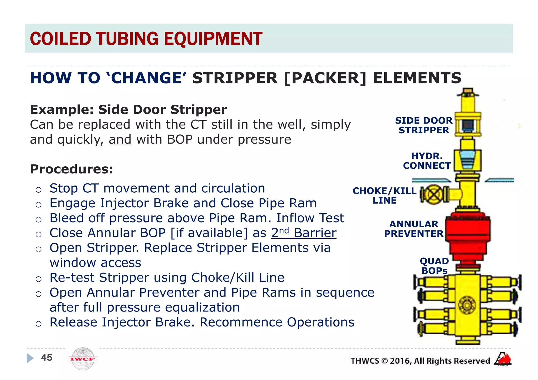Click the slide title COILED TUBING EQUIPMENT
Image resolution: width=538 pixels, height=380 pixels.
[146, 39]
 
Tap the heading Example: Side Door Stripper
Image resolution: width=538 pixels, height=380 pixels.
[128, 109]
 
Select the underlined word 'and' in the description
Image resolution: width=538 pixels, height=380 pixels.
[120, 139]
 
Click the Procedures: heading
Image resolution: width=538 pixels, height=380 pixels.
[71, 169]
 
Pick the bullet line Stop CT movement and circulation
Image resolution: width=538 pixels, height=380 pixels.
[157, 188]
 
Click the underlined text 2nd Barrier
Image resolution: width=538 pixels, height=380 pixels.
[304, 233]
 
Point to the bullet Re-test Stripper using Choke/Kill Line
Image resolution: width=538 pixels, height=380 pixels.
[167, 277]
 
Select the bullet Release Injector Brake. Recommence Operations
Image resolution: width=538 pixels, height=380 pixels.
[202, 322]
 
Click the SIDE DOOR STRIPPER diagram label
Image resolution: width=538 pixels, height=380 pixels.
[423, 125]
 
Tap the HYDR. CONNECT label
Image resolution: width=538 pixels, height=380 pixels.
[427, 161]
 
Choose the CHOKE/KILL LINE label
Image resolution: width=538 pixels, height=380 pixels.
[384, 195]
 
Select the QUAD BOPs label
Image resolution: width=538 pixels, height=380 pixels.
[434, 266]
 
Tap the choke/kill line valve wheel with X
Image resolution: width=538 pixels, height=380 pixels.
[434, 194]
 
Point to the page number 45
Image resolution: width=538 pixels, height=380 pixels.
[47, 357]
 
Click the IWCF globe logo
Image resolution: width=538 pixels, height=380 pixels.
[83, 359]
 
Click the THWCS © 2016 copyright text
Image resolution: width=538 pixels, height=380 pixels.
[420, 361]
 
